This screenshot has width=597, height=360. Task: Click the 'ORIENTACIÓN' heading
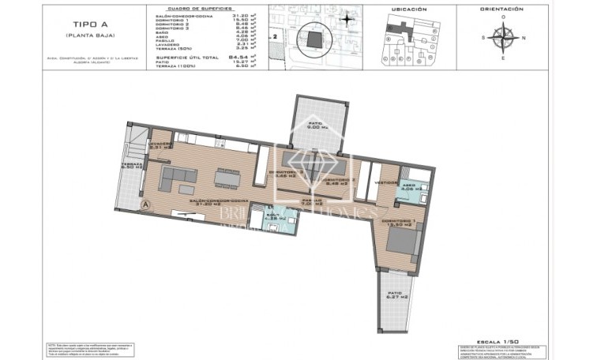[501, 9]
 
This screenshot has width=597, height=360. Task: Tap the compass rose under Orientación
[501, 36]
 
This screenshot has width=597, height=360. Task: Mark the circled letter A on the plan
[145, 204]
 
